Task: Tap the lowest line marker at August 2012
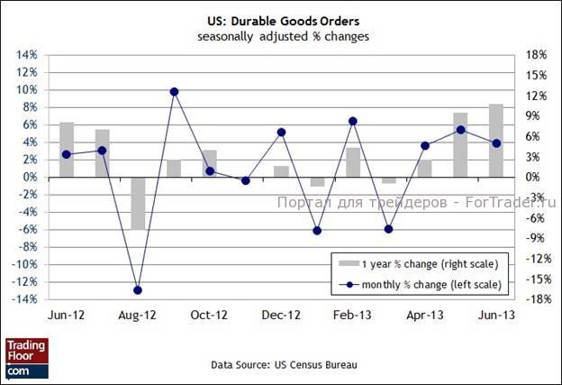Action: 138,290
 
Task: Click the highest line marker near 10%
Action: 174,92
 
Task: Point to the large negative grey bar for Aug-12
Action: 138,203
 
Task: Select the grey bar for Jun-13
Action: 496,141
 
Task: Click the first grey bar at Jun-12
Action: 67,150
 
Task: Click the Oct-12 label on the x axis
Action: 209,316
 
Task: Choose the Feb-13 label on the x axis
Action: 352,316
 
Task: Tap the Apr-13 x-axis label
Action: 424,316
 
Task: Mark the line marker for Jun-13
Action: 496,143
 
